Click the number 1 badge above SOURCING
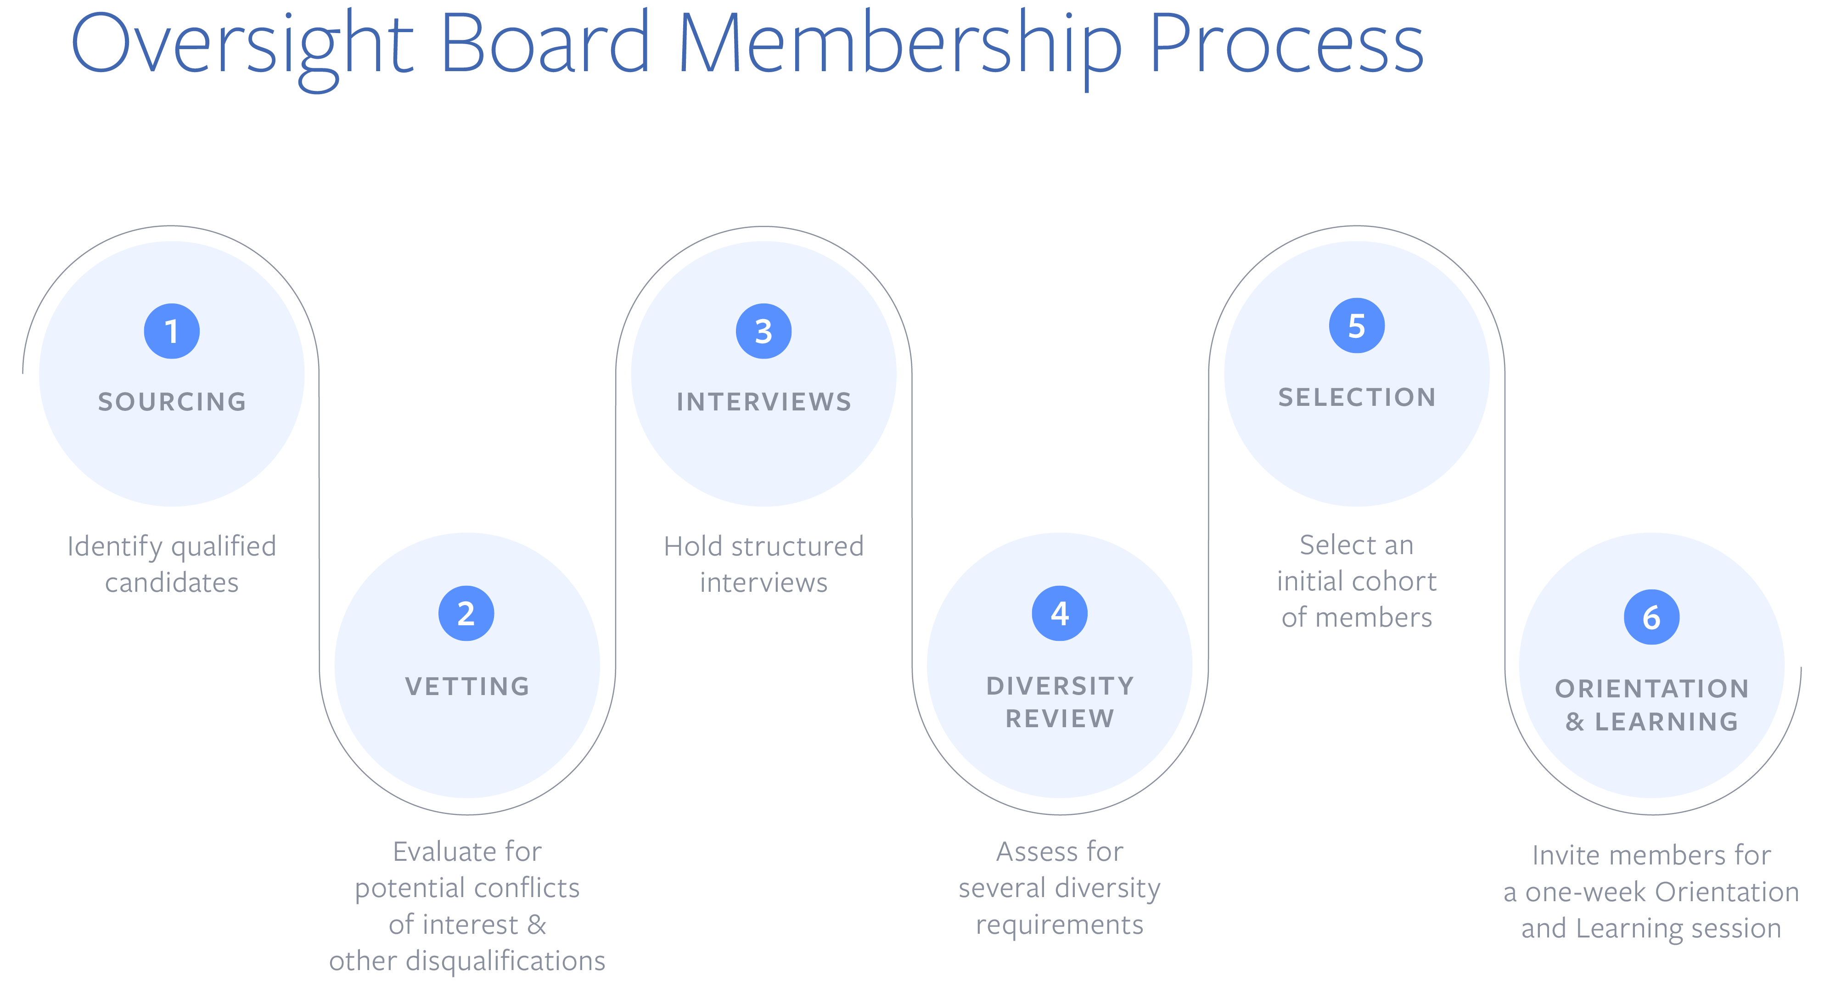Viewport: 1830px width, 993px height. coord(171,331)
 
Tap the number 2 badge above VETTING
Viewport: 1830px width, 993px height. coord(466,613)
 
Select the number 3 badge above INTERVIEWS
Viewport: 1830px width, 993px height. coord(763,331)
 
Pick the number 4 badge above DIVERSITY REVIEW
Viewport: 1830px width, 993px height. coord(1059,613)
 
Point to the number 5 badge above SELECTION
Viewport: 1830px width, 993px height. coord(1357,325)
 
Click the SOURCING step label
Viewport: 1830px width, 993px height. coord(172,402)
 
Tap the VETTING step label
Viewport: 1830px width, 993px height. coord(467,687)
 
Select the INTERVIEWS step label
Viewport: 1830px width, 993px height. coord(763,402)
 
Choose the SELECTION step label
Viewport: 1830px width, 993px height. coord(1357,398)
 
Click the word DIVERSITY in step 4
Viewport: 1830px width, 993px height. coord(1060,686)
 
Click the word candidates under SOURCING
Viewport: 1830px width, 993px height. coord(172,583)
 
